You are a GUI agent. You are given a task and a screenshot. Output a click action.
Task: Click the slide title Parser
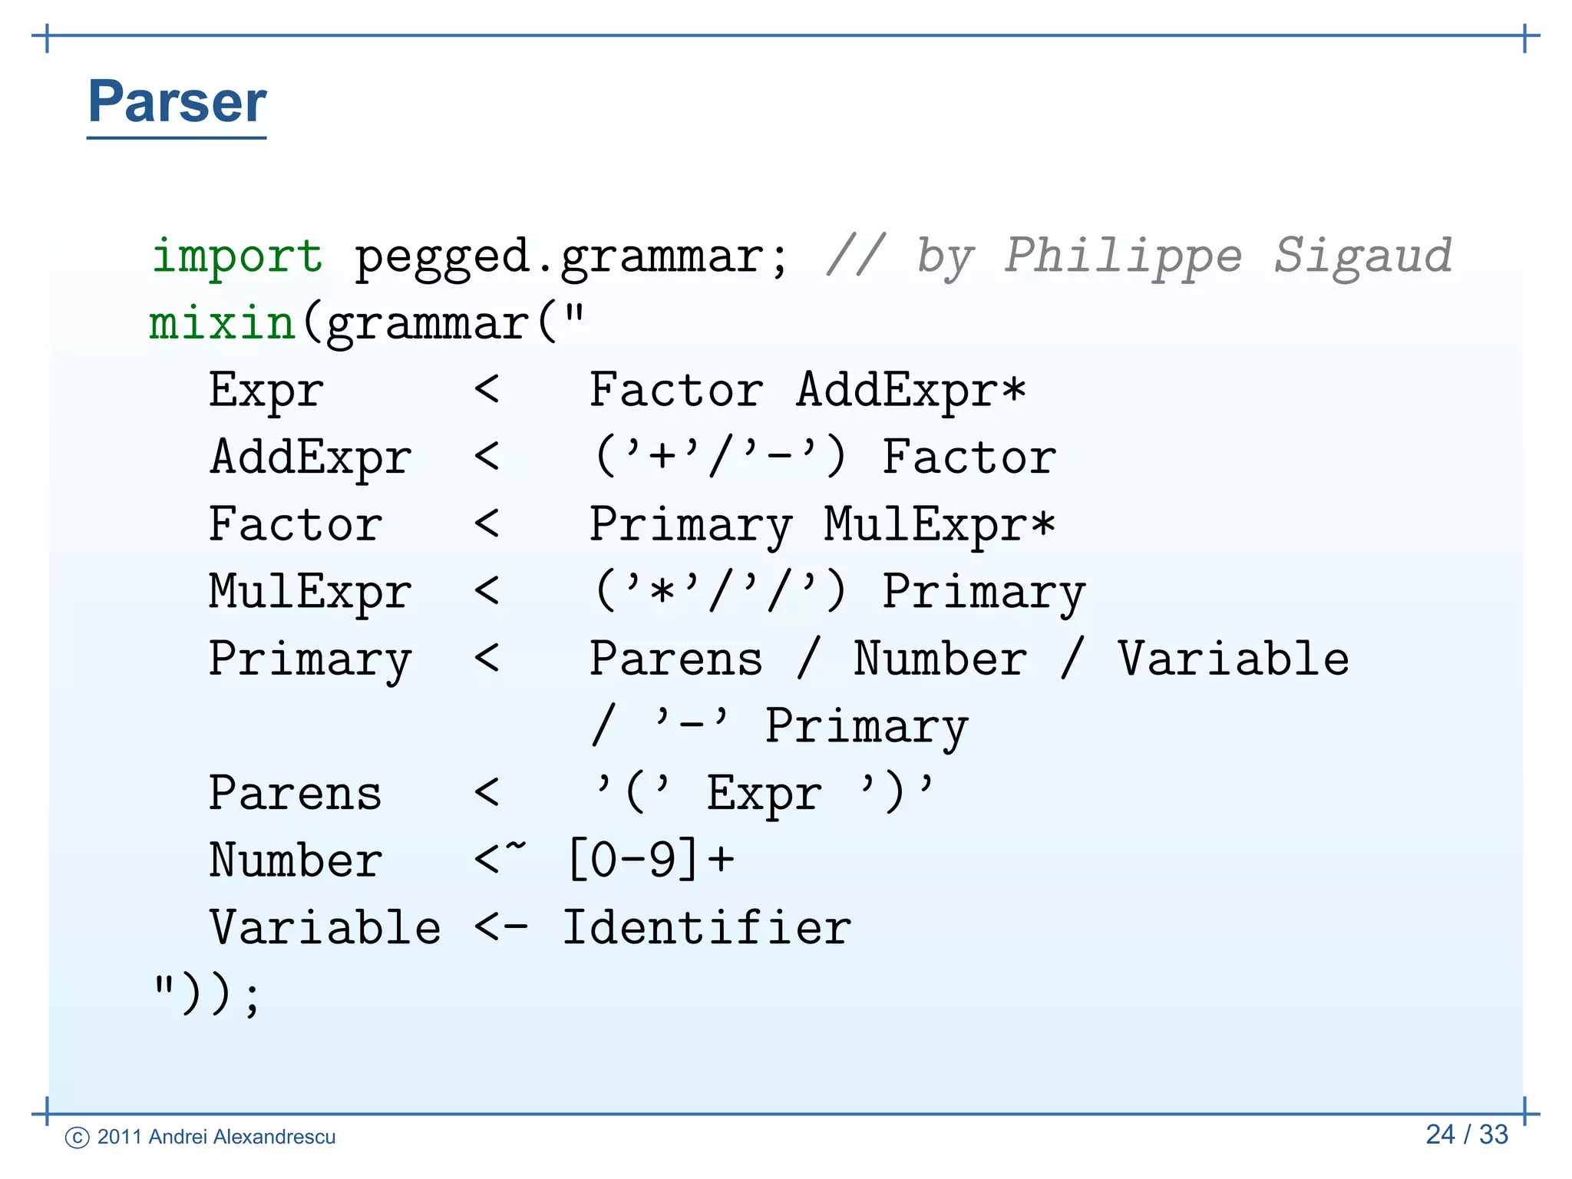point(177,102)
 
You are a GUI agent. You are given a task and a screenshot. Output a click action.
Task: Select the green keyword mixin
point(222,322)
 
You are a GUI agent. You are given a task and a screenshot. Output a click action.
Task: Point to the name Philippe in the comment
point(1123,257)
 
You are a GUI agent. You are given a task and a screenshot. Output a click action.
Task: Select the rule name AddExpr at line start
point(311,458)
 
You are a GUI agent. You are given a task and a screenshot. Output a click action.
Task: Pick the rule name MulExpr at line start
point(311,593)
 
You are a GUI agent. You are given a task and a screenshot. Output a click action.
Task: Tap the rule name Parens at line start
point(296,794)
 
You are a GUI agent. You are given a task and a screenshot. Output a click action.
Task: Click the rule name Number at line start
point(296,860)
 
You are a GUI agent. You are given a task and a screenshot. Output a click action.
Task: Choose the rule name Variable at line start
point(325,928)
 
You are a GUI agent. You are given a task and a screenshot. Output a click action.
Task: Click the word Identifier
point(707,928)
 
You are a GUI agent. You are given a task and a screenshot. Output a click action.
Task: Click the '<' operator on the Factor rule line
point(487,525)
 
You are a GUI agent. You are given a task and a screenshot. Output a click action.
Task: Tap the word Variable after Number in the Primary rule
point(1233,659)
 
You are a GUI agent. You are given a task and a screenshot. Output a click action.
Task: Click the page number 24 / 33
point(1467,1134)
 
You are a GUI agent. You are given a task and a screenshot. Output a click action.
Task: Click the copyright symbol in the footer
point(78,1138)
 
